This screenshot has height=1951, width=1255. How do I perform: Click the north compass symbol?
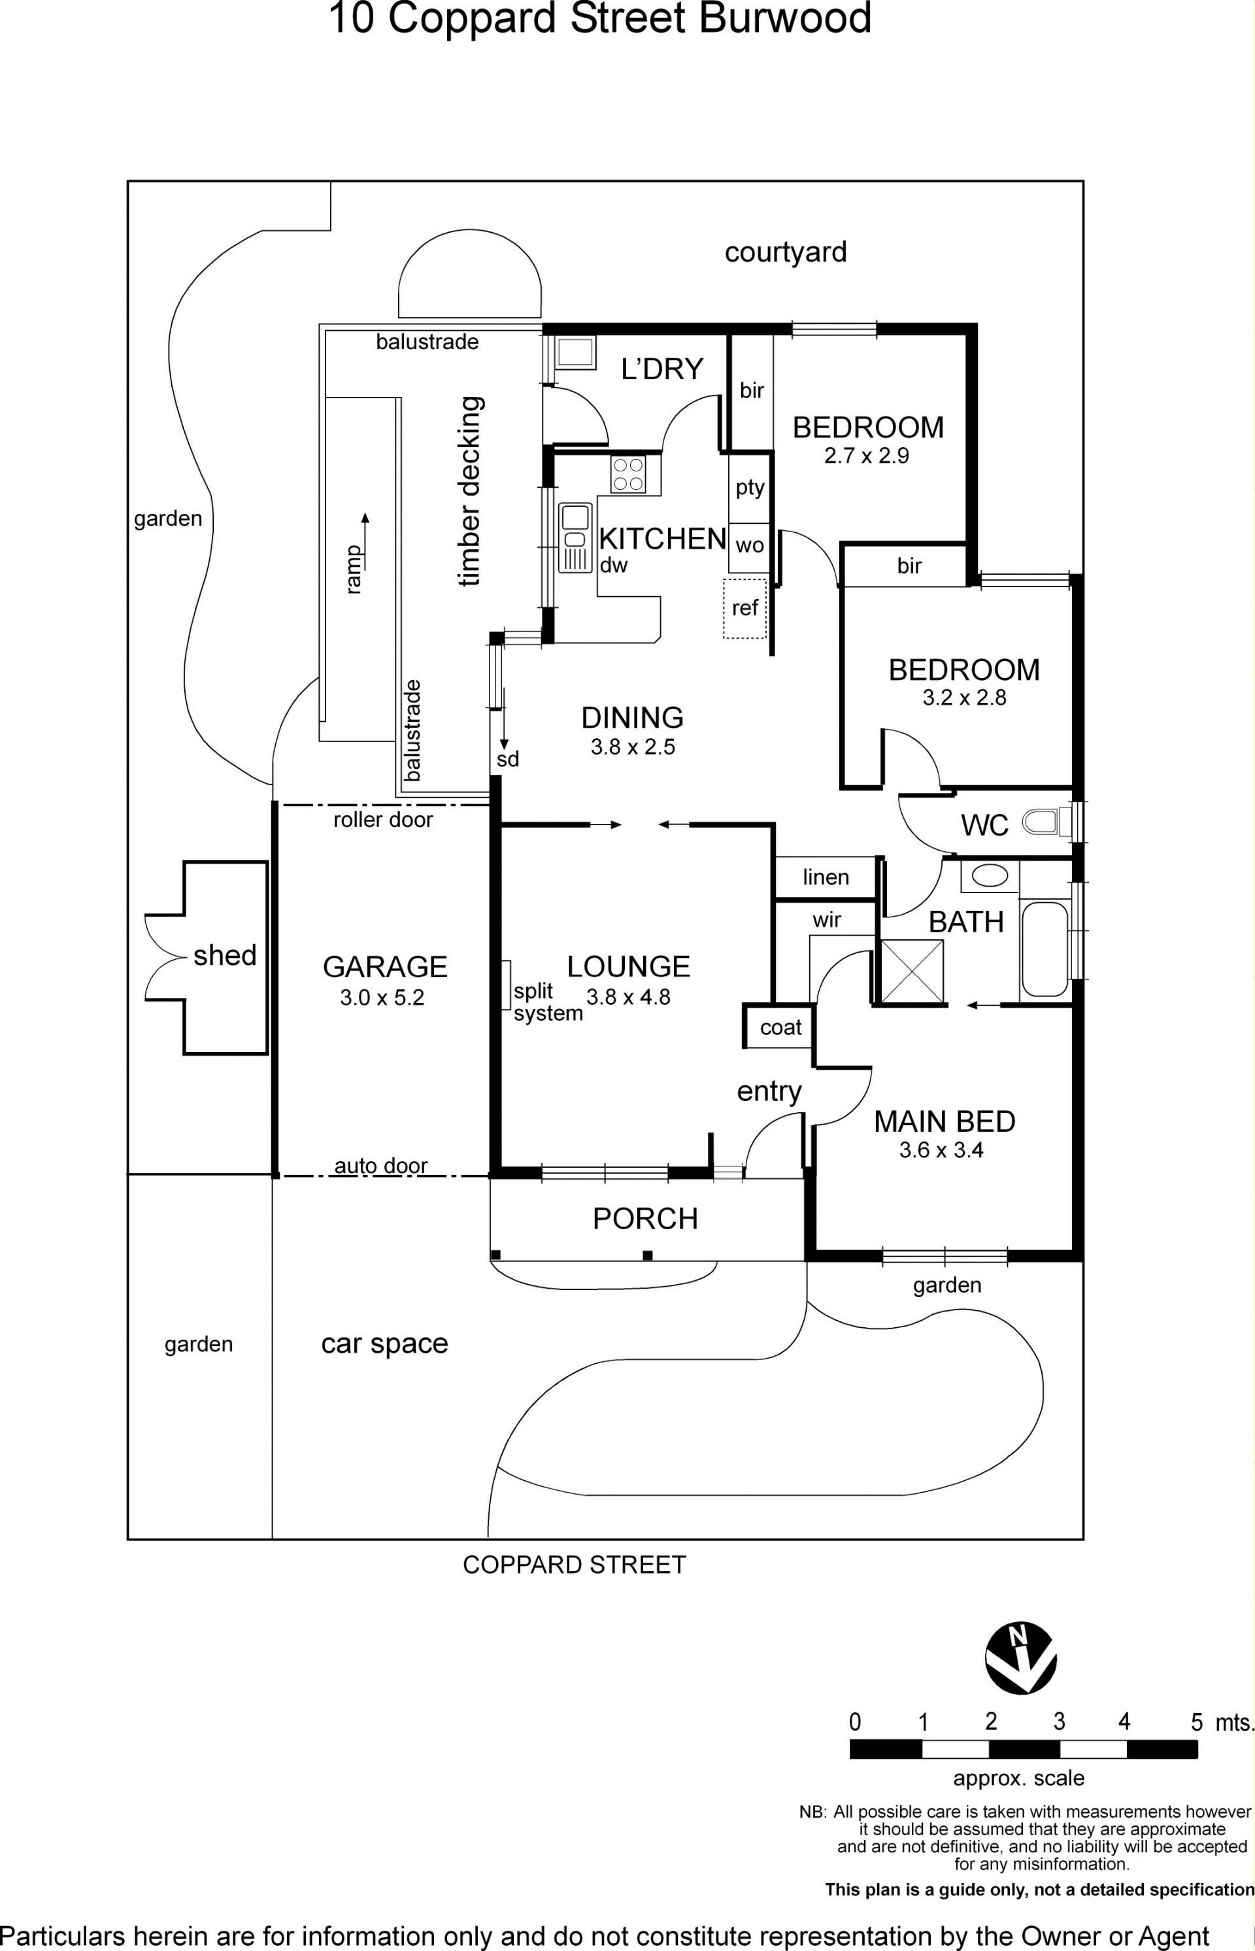pyautogui.click(x=1020, y=1660)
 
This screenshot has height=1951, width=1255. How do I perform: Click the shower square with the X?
pyautogui.click(x=912, y=971)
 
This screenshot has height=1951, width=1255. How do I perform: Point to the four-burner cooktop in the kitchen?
pyautogui.click(x=628, y=474)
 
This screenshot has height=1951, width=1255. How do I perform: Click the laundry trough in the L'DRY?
pyautogui.click(x=575, y=353)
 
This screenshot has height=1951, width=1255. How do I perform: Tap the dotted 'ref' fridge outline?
pyautogui.click(x=745, y=608)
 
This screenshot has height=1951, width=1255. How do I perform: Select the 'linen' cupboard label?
pyautogui.click(x=826, y=877)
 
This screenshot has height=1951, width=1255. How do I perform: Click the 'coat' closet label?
pyautogui.click(x=780, y=1028)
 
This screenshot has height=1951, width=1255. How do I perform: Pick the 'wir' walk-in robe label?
pyautogui.click(x=826, y=920)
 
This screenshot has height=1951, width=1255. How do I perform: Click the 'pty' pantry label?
pyautogui.click(x=750, y=488)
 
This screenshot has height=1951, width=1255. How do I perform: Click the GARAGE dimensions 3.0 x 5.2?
pyautogui.click(x=382, y=998)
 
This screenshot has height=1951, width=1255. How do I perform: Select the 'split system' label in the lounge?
pyautogui.click(x=548, y=1002)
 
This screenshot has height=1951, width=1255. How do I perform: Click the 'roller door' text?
pyautogui.click(x=383, y=819)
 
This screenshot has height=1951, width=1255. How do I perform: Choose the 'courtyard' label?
pyautogui.click(x=786, y=252)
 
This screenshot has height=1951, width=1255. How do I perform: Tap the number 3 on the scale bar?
pyautogui.click(x=1059, y=1722)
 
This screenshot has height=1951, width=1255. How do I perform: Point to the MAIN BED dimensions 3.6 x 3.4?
pyautogui.click(x=941, y=1150)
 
